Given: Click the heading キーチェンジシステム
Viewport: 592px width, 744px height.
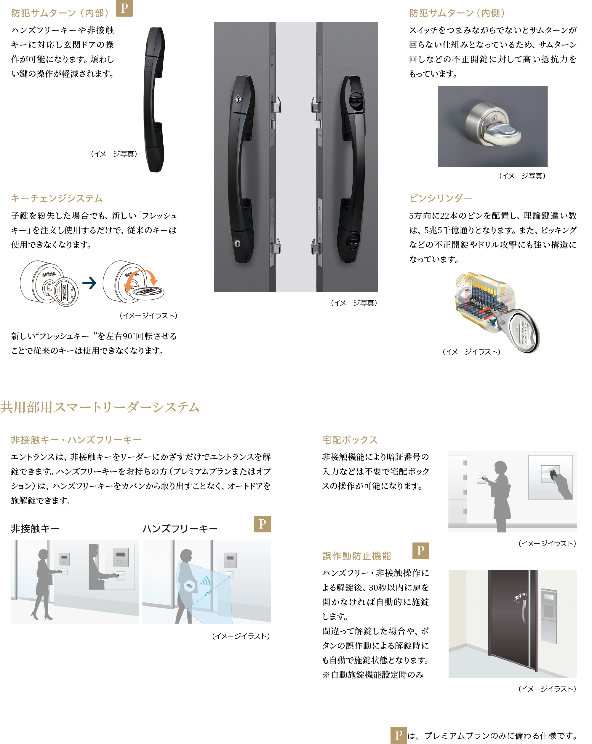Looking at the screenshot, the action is coord(57,198).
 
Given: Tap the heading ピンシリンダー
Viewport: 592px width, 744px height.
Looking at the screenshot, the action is coord(440,198).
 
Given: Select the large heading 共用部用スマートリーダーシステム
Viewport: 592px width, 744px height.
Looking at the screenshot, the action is coord(100,407).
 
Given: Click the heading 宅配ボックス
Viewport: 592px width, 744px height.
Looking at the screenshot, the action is coord(350,440).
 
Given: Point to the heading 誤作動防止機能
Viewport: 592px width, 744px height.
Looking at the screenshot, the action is coord(357,556).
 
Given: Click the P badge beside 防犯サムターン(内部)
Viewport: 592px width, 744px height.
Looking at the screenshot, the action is coord(124,8).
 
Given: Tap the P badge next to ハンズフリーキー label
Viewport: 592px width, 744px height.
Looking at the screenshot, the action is coord(262,524).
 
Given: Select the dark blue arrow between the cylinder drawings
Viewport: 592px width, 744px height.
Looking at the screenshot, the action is coord(89,283).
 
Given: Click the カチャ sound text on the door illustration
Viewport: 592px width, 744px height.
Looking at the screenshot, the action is coord(520,596).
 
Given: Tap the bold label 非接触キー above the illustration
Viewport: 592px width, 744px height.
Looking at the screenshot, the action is coord(35,528).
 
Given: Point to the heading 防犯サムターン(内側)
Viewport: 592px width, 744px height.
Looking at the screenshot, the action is coord(457,13).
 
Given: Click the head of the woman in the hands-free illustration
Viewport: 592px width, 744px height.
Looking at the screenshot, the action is coord(186,555).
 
